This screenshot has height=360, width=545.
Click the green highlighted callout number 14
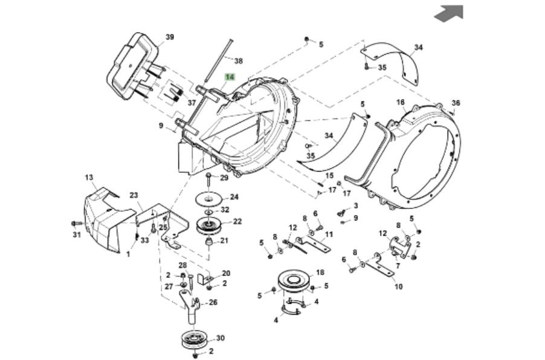pos(229,77)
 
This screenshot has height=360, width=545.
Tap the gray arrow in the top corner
pos(449,13)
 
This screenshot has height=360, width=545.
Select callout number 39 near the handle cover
pos(170,37)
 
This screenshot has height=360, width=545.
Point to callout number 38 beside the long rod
pos(238,61)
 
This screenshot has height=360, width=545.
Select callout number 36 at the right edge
pos(456,103)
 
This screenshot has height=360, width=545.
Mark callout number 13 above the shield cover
pos(89,178)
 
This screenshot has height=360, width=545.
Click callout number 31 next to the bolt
pos(76,234)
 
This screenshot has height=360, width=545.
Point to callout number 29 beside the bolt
pos(224,178)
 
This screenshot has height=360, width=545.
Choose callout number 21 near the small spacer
pos(224,240)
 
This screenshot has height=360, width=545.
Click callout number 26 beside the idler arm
pos(212,302)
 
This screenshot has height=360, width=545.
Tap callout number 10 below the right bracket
pos(399,286)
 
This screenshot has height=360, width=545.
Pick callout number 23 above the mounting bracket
pos(134,195)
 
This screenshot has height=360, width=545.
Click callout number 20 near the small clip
pos(226,273)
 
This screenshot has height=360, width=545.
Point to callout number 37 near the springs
pos(192,103)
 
